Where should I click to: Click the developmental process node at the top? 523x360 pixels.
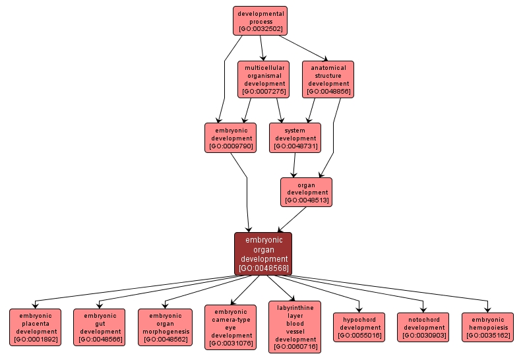[261, 20]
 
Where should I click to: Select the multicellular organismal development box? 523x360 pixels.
[264, 79]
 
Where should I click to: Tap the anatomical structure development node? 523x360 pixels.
[328, 79]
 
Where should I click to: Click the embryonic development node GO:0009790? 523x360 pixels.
[230, 137]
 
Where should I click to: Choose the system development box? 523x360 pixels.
[295, 137]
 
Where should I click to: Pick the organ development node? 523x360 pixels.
[307, 191]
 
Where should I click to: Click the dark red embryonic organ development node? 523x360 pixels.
[263, 254]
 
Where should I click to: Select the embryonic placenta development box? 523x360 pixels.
[36, 328]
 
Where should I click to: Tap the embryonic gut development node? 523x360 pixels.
[100, 328]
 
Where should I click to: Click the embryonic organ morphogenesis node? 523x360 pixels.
[165, 328]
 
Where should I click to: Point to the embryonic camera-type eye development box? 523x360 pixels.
[230, 327]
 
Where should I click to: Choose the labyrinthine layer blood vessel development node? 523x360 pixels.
[295, 327]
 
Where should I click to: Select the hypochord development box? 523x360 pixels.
[359, 327]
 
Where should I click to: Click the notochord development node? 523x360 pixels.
[423, 327]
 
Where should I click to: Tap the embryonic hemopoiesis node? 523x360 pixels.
[488, 327]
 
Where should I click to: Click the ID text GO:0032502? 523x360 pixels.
[261, 29]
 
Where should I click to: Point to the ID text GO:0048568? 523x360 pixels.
[263, 268]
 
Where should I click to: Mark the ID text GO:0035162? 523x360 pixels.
[488, 335]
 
